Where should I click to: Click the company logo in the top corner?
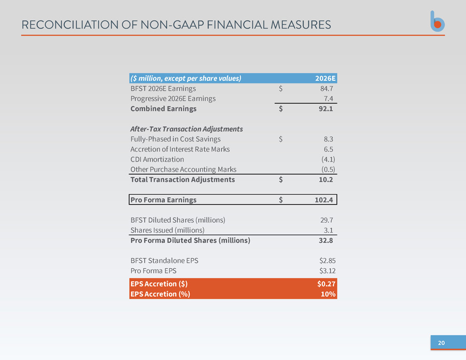(437, 21)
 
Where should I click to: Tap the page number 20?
(441, 343)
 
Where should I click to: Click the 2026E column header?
(326, 78)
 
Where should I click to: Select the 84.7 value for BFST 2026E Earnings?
(327, 89)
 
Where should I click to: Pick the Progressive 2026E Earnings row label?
(173, 98)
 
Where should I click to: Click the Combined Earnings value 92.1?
(326, 109)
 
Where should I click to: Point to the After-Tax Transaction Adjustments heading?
(187, 129)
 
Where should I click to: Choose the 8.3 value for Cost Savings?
(329, 139)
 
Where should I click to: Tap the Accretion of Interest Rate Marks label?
(180, 149)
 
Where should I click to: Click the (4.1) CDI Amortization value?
(328, 159)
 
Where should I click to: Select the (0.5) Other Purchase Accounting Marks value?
(328, 169)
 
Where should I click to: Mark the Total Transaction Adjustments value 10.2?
(326, 179)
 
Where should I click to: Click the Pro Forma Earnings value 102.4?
(324, 199)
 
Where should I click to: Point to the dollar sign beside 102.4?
(280, 199)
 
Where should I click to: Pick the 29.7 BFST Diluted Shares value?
(327, 220)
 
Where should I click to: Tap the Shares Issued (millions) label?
(167, 230)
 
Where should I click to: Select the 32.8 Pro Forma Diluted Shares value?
(326, 240)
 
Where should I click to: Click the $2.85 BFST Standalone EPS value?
(328, 261)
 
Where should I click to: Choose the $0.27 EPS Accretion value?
(327, 284)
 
